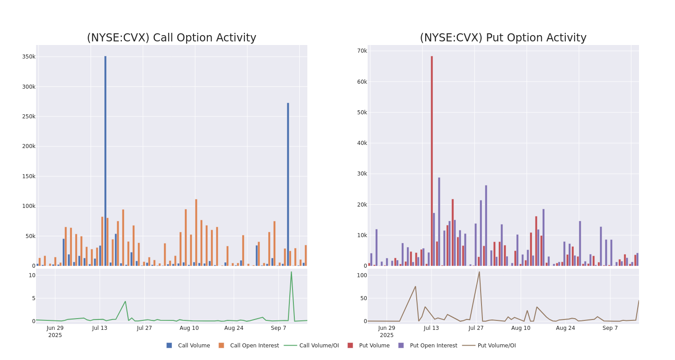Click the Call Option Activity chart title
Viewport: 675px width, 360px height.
pyautogui.click(x=171, y=38)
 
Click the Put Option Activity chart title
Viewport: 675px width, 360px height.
pyautogui.click(x=503, y=38)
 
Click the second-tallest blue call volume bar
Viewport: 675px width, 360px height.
pyautogui.click(x=288, y=184)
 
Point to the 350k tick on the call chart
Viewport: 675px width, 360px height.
pyautogui.click(x=28, y=57)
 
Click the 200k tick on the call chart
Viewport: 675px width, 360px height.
pyautogui.click(x=28, y=146)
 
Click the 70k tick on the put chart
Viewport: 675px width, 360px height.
pyautogui.click(x=362, y=51)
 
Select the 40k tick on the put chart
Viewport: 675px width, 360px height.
pyautogui.click(x=362, y=143)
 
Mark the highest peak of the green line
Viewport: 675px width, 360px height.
pyautogui.click(x=291, y=272)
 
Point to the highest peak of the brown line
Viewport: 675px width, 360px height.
pyautogui.click(x=479, y=272)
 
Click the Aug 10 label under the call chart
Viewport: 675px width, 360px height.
pyautogui.click(x=189, y=328)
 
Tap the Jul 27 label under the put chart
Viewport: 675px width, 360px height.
pyautogui.click(x=476, y=328)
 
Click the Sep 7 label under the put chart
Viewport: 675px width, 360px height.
pyautogui.click(x=610, y=328)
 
